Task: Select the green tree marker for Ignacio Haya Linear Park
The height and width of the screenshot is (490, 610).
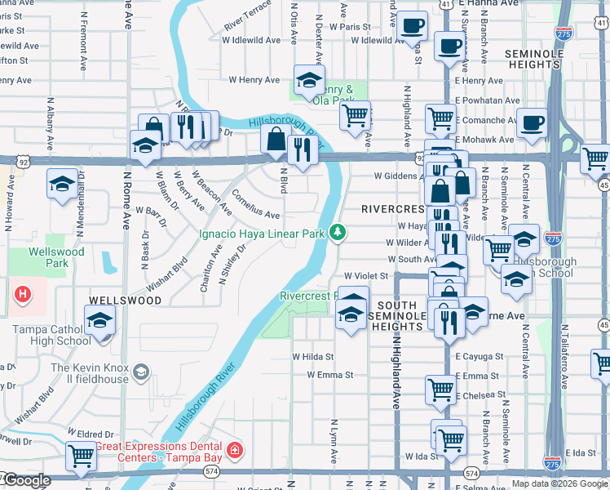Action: (x=337, y=234)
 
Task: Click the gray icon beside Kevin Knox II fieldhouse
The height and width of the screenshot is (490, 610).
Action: (x=141, y=373)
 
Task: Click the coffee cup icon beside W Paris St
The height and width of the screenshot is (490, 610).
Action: (x=413, y=25)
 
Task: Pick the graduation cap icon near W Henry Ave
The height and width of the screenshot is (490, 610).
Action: (x=308, y=79)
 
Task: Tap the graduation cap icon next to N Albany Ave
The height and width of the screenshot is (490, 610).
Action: (x=62, y=182)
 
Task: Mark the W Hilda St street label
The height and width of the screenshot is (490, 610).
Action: (x=313, y=357)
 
